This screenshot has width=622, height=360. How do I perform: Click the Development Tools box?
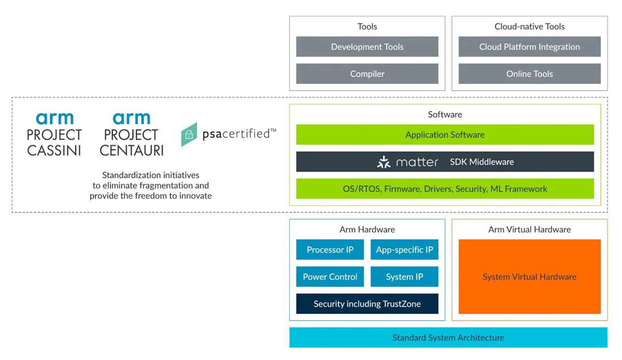tap(367, 47)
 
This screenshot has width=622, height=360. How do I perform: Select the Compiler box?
tap(367, 74)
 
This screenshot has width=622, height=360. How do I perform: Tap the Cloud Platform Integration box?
tap(529, 47)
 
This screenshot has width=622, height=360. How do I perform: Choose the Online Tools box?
tap(529, 74)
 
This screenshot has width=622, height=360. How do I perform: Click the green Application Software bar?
tap(445, 135)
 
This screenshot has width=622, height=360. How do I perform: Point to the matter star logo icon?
tap(384, 162)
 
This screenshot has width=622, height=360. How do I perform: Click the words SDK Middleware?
tap(482, 162)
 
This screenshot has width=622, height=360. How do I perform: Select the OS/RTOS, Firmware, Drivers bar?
tap(445, 189)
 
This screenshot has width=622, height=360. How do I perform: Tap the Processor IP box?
tap(330, 250)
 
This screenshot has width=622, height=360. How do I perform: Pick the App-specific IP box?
tap(404, 250)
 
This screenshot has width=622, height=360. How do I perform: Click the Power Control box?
tap(330, 276)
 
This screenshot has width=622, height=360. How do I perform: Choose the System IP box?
tap(404, 276)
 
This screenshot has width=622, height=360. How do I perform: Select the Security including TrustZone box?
tap(367, 304)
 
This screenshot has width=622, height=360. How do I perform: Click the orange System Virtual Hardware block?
tap(529, 276)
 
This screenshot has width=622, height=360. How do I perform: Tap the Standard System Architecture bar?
tap(448, 338)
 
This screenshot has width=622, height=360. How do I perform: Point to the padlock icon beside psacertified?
tap(189, 135)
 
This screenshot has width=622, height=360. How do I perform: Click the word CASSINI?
tap(54, 150)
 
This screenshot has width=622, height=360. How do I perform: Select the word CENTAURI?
tap(131, 150)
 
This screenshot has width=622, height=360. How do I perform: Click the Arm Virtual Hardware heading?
tap(529, 229)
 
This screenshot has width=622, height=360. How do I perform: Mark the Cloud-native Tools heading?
tap(529, 26)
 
